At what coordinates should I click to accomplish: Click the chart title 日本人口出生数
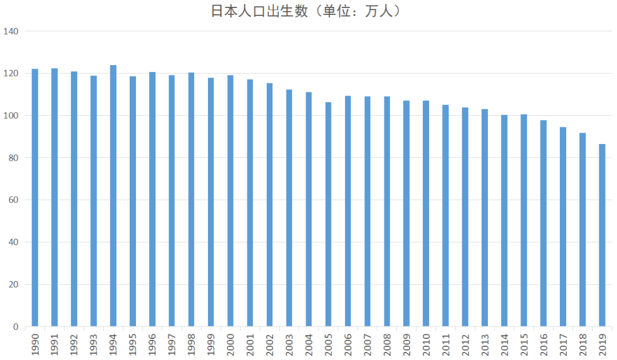point(259,11)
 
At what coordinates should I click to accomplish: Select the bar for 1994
point(113,196)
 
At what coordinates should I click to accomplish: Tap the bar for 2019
point(602,235)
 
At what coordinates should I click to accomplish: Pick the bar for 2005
point(328,214)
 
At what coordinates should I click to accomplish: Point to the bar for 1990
point(35,198)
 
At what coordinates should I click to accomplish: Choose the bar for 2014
point(504,221)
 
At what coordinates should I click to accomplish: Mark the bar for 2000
point(231,201)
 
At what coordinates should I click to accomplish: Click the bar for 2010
point(426,214)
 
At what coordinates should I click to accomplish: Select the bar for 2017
point(563,227)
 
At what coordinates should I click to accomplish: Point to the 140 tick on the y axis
point(11,31)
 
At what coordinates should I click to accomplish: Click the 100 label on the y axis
point(11,115)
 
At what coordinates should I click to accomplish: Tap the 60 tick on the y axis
point(13,200)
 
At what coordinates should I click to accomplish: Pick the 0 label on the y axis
point(16,326)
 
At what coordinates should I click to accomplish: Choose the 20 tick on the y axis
point(13,285)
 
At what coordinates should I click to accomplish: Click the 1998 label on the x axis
point(191,345)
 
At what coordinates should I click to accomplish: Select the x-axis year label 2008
point(387,345)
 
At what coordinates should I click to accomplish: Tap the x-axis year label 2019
point(603,345)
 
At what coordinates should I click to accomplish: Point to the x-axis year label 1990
point(35,345)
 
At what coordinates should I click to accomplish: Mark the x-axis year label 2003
point(289,345)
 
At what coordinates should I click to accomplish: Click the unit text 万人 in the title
point(379,11)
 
